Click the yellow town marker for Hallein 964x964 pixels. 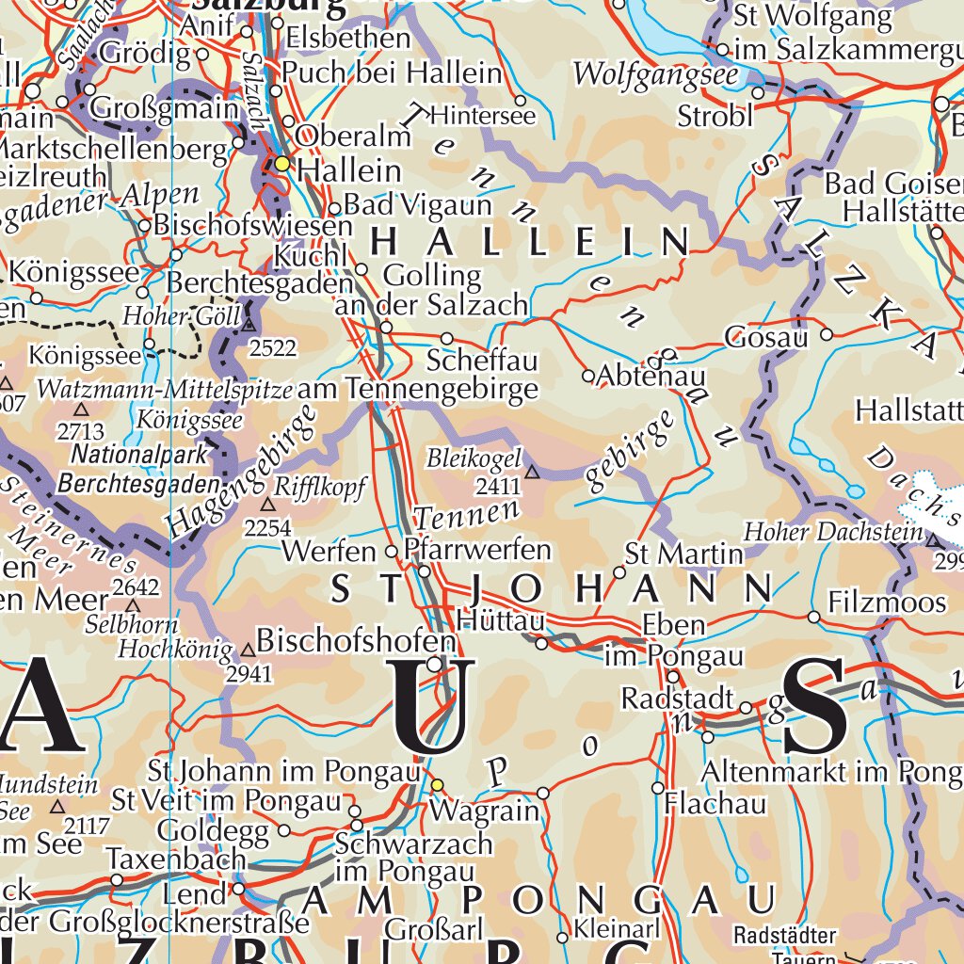point(281,164)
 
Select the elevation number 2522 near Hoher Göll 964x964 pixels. point(273,348)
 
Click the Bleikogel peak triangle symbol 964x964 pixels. point(532,472)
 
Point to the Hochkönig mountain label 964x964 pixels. point(175,649)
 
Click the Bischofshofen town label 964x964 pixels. point(356,641)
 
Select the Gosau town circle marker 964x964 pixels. point(827,334)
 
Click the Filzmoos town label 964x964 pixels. point(887,602)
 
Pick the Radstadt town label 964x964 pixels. point(677,699)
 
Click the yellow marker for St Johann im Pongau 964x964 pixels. point(436,783)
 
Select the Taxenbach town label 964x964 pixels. point(175,859)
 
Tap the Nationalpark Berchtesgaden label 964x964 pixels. point(139,469)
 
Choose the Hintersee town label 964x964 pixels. point(481,116)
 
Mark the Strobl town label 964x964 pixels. point(715,116)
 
